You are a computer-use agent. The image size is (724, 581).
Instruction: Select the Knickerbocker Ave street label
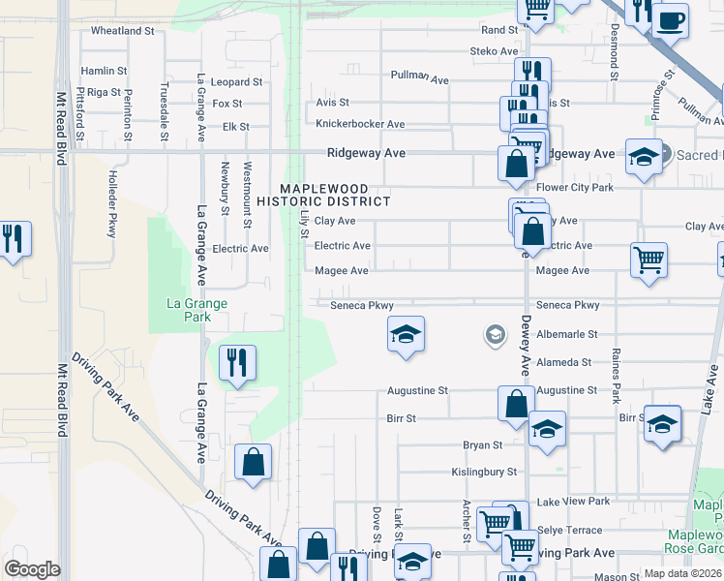(x=360, y=124)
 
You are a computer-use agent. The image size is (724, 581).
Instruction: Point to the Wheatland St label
(x=123, y=31)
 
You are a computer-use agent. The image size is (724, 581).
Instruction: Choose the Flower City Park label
(x=575, y=187)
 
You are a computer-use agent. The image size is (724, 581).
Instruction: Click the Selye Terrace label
(x=570, y=531)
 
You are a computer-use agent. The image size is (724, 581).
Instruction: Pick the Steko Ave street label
(x=495, y=51)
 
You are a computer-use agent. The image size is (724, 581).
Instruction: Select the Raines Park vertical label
(x=616, y=378)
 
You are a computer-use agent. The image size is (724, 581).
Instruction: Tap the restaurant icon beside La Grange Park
(x=237, y=363)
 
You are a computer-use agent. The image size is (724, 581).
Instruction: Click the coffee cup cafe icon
(x=670, y=18)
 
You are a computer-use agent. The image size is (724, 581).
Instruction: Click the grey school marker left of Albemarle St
(x=495, y=335)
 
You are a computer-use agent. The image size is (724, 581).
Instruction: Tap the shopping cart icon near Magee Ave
(x=649, y=260)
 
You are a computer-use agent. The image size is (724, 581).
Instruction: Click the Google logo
(x=32, y=569)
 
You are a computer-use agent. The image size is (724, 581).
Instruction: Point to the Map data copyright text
(x=683, y=573)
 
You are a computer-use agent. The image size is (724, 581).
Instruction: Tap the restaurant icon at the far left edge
(x=12, y=238)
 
